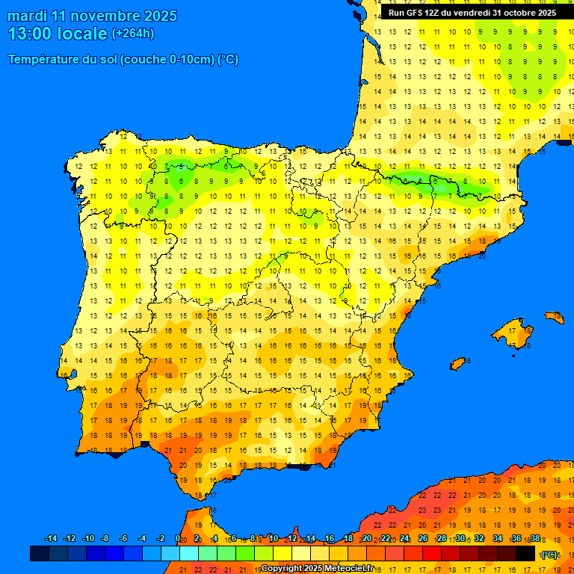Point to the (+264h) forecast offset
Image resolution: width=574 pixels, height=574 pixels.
coord(132,34)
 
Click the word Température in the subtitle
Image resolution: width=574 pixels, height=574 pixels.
coord(43,60)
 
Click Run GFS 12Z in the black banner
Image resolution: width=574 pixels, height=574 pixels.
coord(416,13)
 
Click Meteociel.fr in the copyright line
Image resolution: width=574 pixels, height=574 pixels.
coord(348,568)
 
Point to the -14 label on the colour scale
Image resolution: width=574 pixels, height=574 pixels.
coord(51,539)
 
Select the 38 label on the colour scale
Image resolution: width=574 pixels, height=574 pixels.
coord(535,539)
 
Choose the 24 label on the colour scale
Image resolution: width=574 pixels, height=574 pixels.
coord(404,539)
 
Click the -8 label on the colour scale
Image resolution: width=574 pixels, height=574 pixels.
coord(105,539)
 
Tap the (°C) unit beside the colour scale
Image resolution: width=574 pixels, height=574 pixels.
coord(549,554)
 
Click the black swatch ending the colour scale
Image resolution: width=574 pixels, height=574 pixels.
coord(525,554)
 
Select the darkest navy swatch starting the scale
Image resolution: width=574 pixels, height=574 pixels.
coord(39,554)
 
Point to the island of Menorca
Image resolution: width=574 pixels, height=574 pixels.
coord(555,317)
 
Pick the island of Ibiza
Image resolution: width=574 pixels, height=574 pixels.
coord(458,363)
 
